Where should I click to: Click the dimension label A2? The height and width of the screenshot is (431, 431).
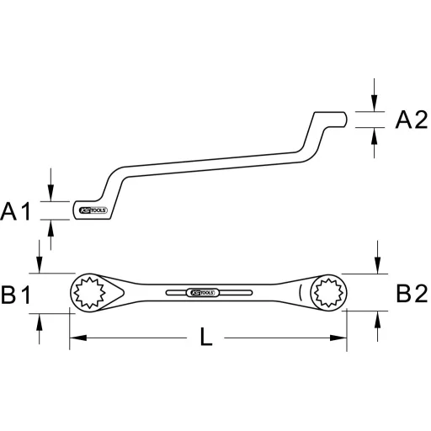pyautogui.click(x=412, y=120)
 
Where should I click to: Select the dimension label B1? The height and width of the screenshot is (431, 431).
pyautogui.click(x=17, y=294)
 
